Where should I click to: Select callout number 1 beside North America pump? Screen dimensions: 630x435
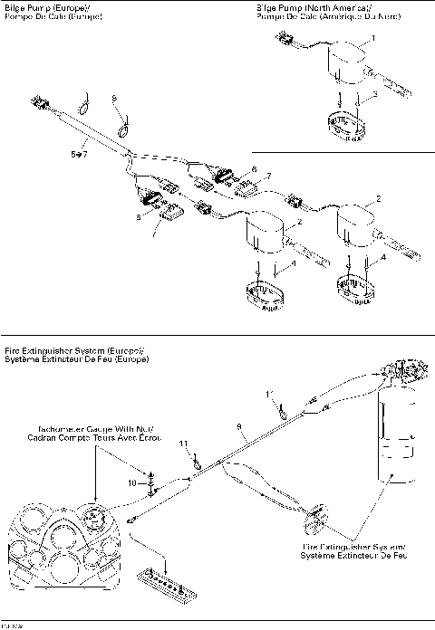[371, 40]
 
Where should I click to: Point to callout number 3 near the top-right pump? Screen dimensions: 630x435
[375, 93]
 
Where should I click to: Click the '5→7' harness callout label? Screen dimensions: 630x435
[79, 154]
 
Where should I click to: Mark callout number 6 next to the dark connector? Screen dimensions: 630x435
[255, 168]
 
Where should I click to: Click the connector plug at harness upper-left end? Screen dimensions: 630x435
[41, 101]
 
